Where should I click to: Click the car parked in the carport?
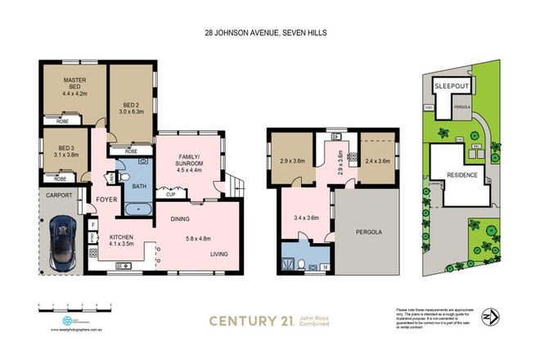(62, 245)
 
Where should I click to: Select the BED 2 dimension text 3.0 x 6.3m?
(131, 112)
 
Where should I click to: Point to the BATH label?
(139, 186)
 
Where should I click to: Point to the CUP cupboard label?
(169, 195)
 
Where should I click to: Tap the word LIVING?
(219, 254)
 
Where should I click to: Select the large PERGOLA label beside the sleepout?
(370, 232)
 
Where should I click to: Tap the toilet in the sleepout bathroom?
(301, 263)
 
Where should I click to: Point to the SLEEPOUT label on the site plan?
(452, 85)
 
